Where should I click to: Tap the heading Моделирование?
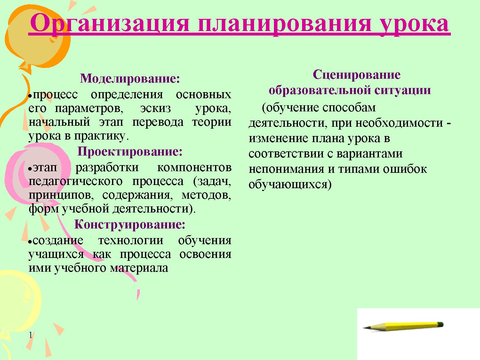pyautogui.click(x=130, y=78)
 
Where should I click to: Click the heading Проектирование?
pyautogui.click(x=130, y=151)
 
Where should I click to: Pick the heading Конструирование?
pyautogui.click(x=130, y=224)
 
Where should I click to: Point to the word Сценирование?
pyautogui.click(x=356, y=75)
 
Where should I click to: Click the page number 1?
pyautogui.click(x=31, y=335)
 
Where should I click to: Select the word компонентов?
pyautogui.click(x=194, y=167)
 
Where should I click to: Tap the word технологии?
pyautogui.click(x=131, y=240)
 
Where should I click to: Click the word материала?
pyautogui.click(x=139, y=268)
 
